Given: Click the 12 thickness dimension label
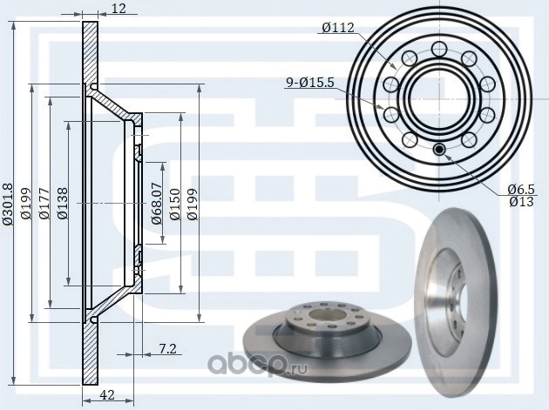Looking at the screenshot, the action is pyautogui.click(x=119, y=10).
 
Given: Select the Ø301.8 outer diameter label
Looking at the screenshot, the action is pyautogui.click(x=8, y=204).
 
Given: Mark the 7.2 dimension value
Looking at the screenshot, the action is pyautogui.click(x=168, y=349).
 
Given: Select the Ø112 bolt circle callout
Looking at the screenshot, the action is pyautogui.click(x=337, y=28).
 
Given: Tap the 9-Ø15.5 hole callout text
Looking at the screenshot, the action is pyautogui.click(x=309, y=83).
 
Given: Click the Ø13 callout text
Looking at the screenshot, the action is pyautogui.click(x=520, y=203).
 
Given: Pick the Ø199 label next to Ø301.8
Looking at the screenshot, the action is pyautogui.click(x=25, y=204).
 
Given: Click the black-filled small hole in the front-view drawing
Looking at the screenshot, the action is pyautogui.click(x=439, y=150).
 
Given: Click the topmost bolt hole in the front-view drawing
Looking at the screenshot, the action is pyautogui.click(x=438, y=46).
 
